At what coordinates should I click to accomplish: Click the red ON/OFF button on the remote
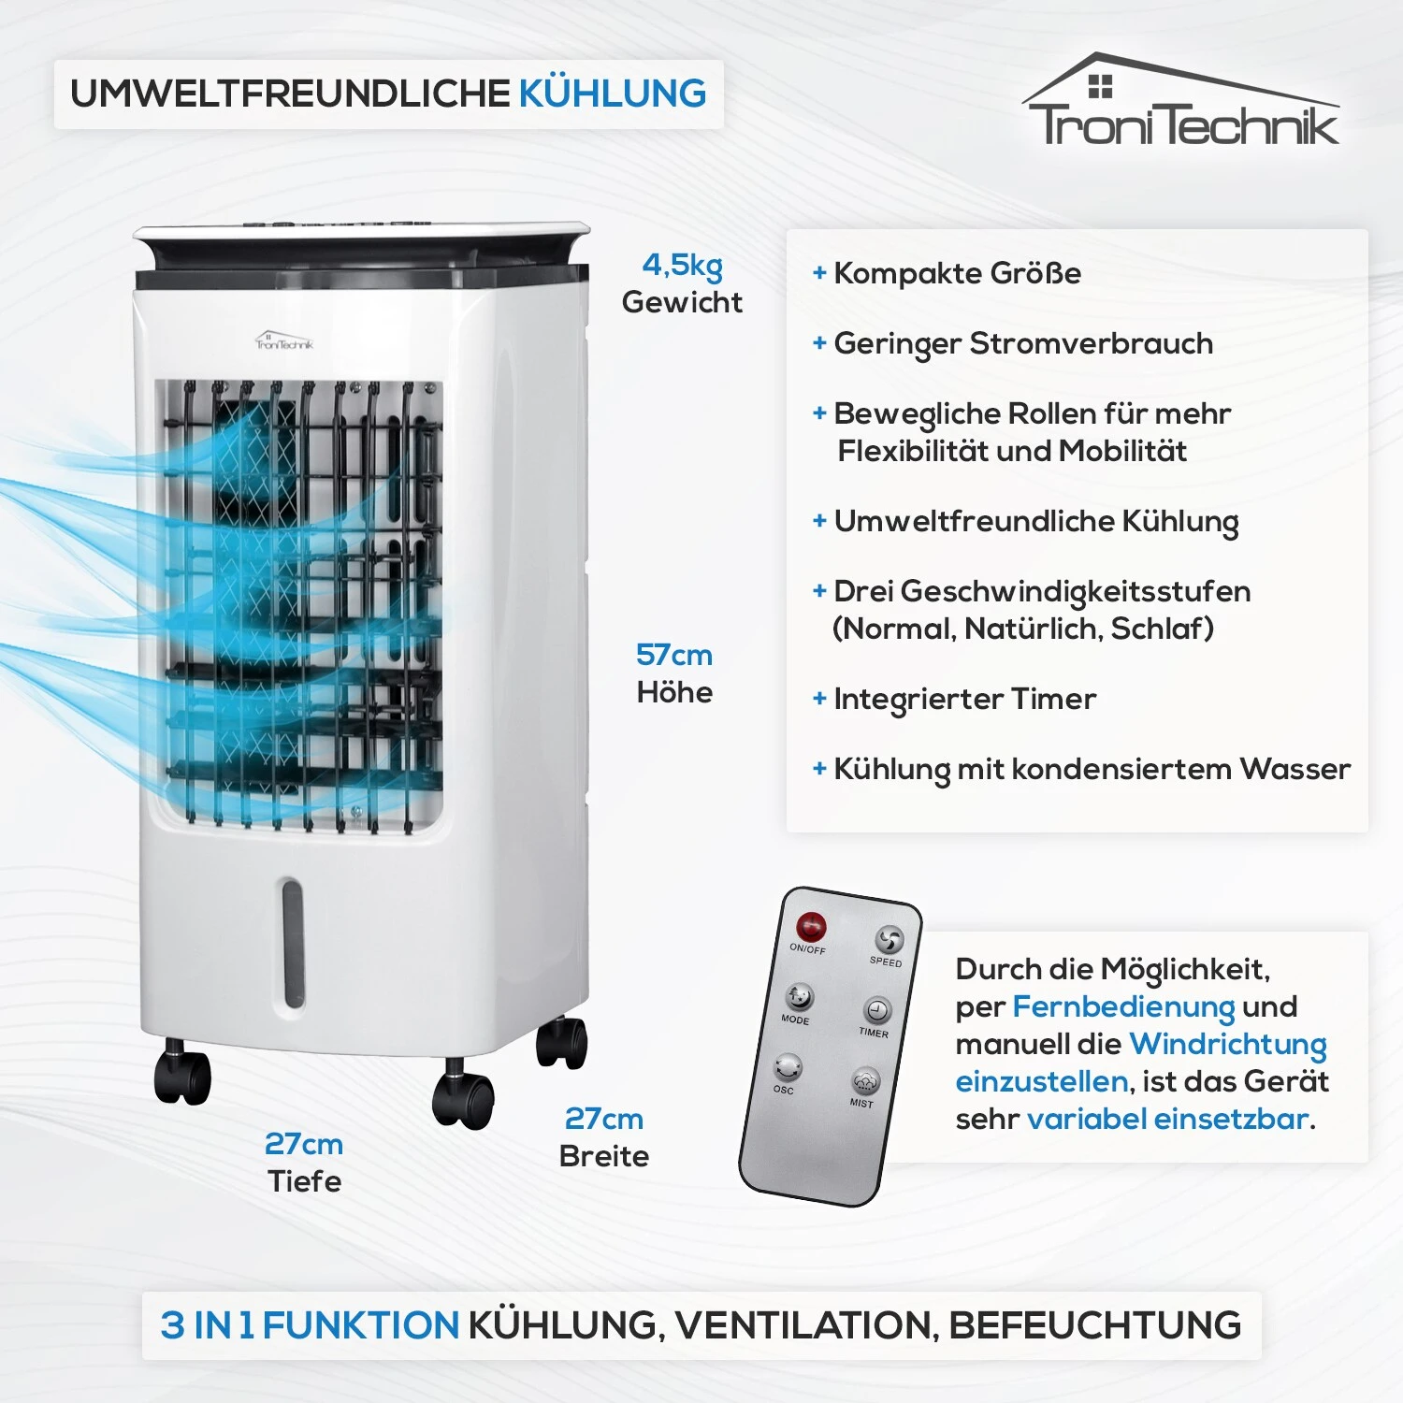(x=811, y=927)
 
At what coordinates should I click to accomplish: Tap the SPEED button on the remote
(x=889, y=939)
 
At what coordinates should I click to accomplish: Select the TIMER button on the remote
(x=876, y=1010)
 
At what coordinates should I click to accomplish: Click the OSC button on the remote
(x=788, y=1067)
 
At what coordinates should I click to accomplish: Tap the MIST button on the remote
(x=865, y=1081)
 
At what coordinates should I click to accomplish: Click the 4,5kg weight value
(x=682, y=266)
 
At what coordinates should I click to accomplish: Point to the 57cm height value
(x=674, y=655)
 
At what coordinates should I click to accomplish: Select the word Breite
(x=604, y=1156)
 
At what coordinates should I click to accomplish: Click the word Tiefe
(x=305, y=1181)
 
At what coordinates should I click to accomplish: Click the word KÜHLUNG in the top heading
(x=613, y=94)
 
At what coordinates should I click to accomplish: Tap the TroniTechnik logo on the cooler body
(x=284, y=340)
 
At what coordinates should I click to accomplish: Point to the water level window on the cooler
(x=293, y=943)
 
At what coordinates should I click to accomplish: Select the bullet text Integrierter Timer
(x=964, y=699)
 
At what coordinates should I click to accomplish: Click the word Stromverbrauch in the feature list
(x=1091, y=343)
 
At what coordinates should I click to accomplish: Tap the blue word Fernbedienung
(x=1123, y=1007)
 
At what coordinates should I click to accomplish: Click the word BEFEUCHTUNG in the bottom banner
(x=1095, y=1325)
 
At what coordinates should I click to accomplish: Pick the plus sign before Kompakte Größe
(x=819, y=273)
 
